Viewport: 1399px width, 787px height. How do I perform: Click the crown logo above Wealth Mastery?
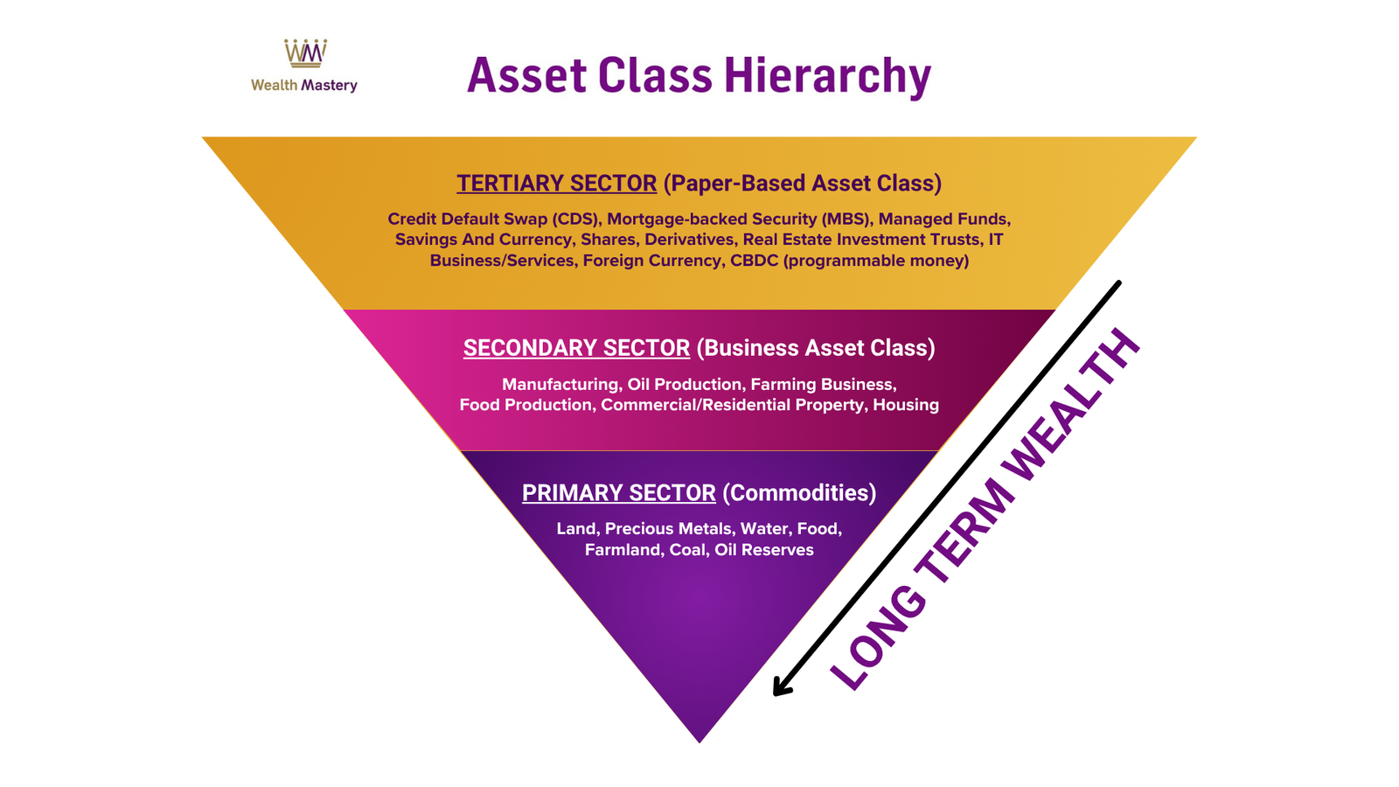[x=305, y=53]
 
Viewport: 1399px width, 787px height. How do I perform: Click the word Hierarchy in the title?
[x=827, y=77]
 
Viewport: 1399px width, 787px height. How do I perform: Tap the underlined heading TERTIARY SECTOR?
[x=556, y=184]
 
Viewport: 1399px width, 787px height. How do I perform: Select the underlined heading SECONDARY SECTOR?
[x=576, y=348]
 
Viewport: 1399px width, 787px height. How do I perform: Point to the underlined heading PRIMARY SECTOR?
[x=619, y=493]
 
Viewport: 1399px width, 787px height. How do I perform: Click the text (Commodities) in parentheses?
[x=799, y=493]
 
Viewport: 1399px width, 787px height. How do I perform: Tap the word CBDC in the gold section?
[x=755, y=261]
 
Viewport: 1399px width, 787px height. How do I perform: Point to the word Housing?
[x=906, y=405]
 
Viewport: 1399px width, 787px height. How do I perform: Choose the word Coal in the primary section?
[x=687, y=550]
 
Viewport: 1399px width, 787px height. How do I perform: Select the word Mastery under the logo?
[x=329, y=86]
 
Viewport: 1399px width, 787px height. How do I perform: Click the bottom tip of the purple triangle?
[x=699, y=743]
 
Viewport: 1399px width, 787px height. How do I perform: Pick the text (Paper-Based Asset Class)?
[x=803, y=184]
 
